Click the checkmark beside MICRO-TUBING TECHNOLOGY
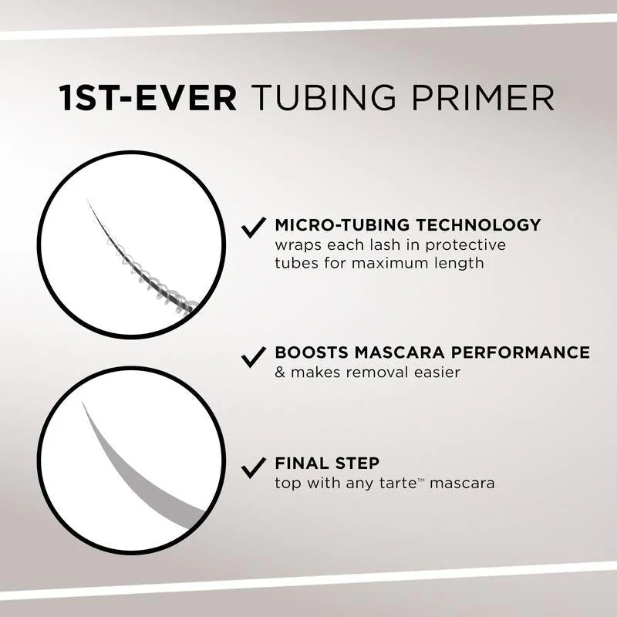(252, 228)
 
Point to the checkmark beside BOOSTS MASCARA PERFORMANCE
(252, 356)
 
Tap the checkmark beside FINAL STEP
(252, 467)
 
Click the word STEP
(357, 464)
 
